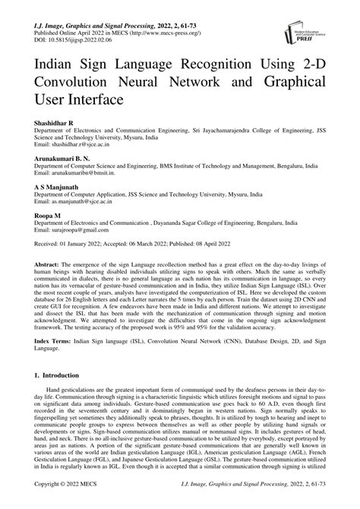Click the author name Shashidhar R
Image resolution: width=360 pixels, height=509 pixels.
coord(50,122)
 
